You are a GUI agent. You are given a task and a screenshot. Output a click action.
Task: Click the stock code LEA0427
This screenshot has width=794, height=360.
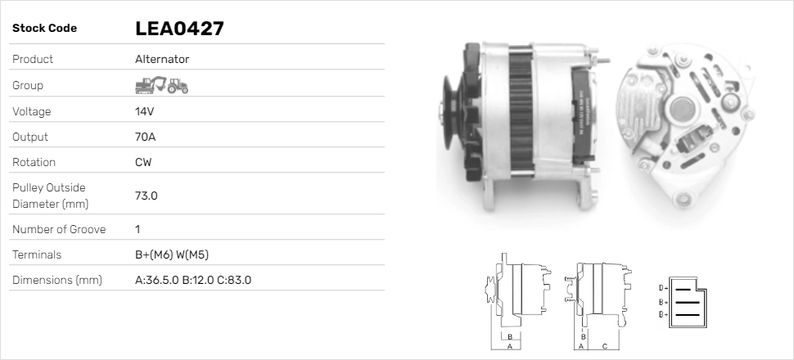(179, 29)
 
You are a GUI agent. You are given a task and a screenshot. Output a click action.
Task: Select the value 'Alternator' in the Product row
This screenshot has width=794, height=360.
(162, 60)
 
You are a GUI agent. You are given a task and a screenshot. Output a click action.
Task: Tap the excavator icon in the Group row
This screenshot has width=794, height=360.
(150, 85)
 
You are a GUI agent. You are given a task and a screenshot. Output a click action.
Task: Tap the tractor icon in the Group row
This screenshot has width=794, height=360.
(178, 86)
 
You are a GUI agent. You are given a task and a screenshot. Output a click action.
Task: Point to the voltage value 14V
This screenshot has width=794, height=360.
(145, 111)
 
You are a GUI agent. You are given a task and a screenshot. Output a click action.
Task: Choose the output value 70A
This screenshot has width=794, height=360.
(146, 137)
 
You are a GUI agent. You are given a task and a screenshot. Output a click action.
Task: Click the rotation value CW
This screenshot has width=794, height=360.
(143, 162)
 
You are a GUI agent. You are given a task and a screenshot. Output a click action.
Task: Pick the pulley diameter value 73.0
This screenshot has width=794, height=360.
(146, 196)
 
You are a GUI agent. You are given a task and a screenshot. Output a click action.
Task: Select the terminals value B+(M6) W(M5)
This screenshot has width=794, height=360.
(178, 254)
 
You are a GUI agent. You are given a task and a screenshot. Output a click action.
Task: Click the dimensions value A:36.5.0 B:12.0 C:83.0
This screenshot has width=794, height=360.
(192, 280)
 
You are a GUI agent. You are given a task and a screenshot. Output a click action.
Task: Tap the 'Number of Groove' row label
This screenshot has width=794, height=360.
(59, 229)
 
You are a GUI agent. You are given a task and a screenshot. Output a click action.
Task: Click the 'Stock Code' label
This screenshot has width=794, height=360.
(44, 29)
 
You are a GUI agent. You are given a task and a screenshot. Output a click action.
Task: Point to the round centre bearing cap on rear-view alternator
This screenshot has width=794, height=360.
(682, 109)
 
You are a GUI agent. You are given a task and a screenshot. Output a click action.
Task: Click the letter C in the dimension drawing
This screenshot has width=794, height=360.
(603, 346)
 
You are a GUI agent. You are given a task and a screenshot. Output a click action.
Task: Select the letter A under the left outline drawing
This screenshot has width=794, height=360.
(509, 346)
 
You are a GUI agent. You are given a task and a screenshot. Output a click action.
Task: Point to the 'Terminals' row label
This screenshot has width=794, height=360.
(37, 254)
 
